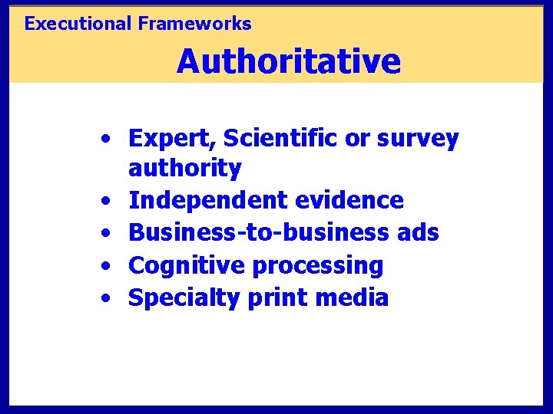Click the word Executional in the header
click(78, 24)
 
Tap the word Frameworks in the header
click(195, 24)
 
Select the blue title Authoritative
click(288, 61)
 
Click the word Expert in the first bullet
click(174, 139)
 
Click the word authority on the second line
click(185, 168)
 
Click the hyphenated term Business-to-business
click(260, 232)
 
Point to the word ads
click(419, 232)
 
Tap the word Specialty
click(185, 298)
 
